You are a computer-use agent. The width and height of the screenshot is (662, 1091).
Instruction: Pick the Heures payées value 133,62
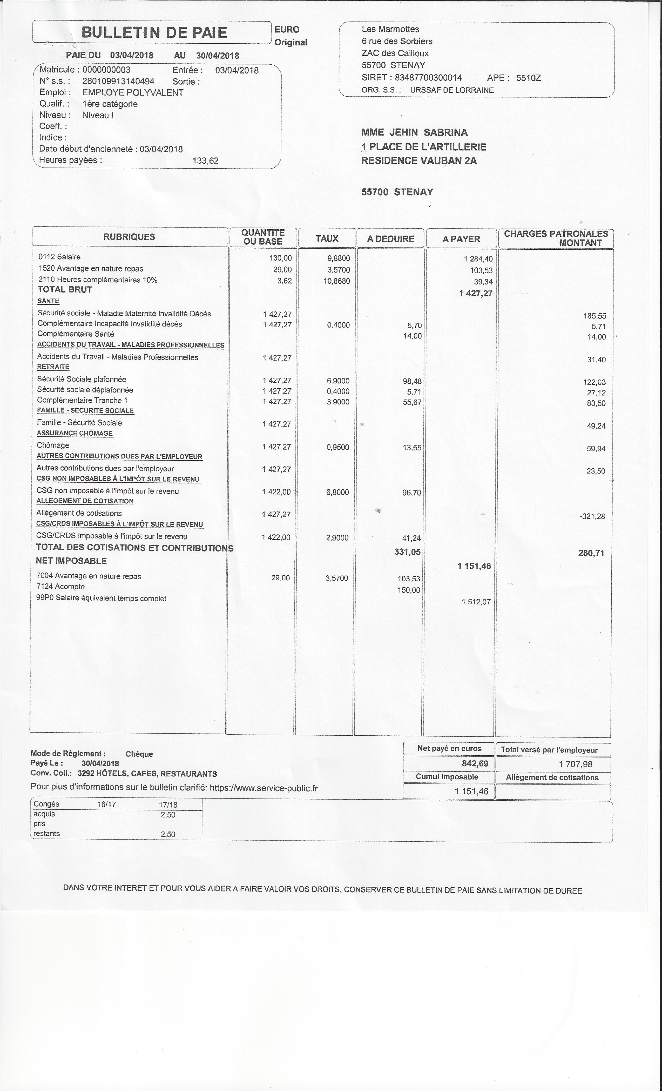coord(205,161)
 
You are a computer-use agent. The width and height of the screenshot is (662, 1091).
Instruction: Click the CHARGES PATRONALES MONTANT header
coord(556,238)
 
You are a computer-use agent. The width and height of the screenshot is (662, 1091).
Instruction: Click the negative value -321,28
coord(592,516)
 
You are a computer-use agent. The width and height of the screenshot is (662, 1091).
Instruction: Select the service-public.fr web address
coord(263,788)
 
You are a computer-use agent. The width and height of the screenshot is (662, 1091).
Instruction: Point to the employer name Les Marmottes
coord(390,29)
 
